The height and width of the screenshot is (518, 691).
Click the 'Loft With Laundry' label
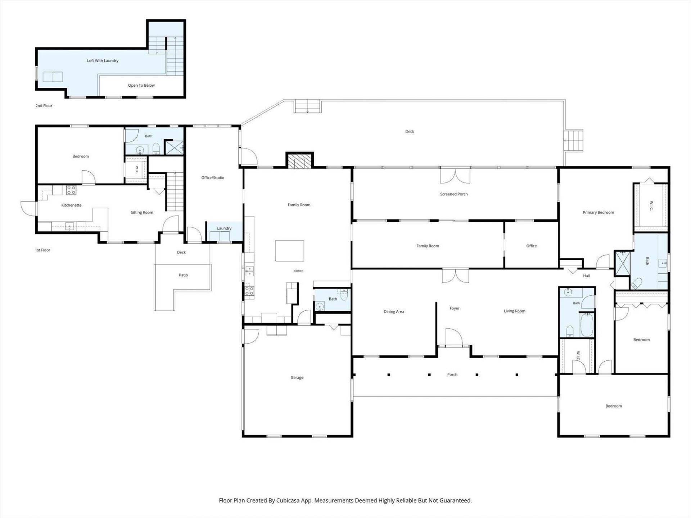point(103,61)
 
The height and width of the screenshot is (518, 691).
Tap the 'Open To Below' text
point(141,86)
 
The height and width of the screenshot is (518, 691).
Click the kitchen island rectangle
point(290,251)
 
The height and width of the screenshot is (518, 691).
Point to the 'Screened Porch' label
point(454,194)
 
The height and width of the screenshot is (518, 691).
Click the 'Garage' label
point(297,378)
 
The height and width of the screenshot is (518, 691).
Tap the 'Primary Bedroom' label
point(598,213)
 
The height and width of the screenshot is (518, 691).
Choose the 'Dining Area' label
point(394,312)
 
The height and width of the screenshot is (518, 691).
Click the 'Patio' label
point(184,275)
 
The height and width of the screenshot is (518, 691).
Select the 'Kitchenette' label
point(72,205)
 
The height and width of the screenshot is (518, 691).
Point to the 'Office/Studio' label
point(213,178)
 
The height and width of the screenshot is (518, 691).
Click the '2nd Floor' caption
point(44,106)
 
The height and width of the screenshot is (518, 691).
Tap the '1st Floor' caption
point(42,250)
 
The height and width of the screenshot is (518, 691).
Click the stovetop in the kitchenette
point(71,190)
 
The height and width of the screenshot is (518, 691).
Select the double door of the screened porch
point(455,176)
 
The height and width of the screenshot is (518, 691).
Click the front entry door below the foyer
point(454,338)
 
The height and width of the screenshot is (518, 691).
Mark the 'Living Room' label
point(515,311)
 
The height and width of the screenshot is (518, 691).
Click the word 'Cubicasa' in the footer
point(287,500)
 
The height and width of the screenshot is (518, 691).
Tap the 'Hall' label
point(586,276)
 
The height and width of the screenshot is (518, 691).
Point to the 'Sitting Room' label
point(142,213)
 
